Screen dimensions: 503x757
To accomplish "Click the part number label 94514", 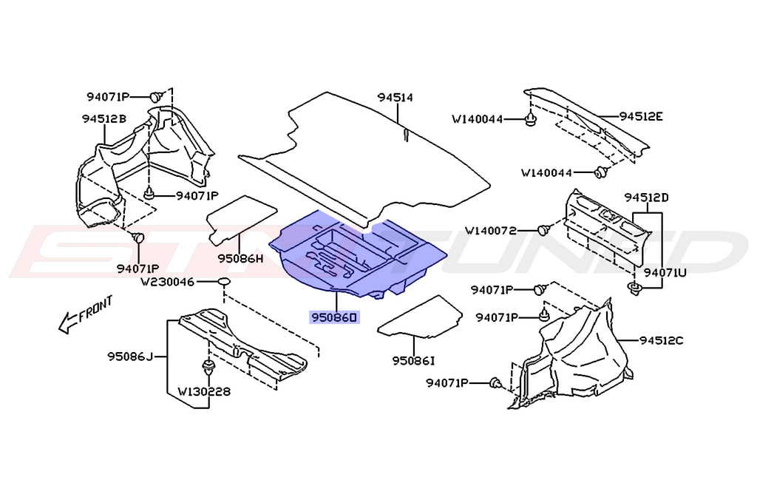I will (395, 98).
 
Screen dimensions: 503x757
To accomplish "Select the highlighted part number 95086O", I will (333, 317).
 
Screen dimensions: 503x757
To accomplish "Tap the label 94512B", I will (103, 119).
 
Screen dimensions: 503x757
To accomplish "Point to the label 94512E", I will (641, 116).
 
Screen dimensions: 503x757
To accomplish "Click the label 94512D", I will (645, 198).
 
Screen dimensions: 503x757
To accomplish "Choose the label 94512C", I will (661, 340).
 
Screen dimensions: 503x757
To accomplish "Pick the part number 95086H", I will (240, 259).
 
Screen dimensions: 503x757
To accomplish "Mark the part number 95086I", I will (414, 360).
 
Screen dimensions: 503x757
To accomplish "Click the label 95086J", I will (129, 358).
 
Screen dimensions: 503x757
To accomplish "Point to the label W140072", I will (500, 231).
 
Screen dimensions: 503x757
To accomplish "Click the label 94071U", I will (665, 272).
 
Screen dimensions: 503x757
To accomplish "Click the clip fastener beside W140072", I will (543, 230).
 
